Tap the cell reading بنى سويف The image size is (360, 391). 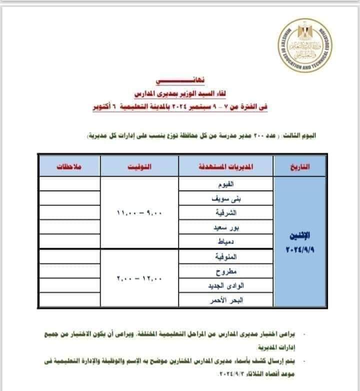(x=226, y=198)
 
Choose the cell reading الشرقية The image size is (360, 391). (x=226, y=212)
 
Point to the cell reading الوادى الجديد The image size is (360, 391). (x=226, y=286)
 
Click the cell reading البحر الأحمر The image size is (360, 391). (x=226, y=300)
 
